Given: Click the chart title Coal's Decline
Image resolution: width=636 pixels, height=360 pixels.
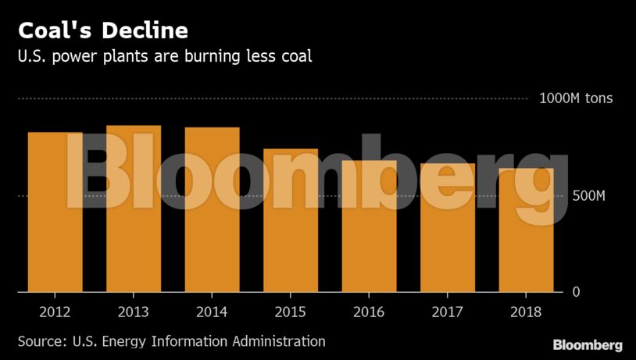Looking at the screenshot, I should (x=103, y=31).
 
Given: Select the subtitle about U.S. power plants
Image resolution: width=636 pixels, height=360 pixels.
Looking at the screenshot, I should (x=165, y=57).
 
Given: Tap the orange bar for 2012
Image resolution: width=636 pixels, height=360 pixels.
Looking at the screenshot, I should (x=55, y=212).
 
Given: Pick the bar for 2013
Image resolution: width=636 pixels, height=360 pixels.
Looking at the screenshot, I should (x=134, y=209).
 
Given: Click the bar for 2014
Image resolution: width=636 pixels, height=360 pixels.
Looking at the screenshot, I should (x=213, y=209).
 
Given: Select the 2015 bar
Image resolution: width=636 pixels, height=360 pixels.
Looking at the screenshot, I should (x=291, y=220).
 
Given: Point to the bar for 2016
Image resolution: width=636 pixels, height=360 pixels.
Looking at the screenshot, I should (x=369, y=226).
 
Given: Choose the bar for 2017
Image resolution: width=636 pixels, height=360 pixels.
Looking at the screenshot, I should (x=448, y=228).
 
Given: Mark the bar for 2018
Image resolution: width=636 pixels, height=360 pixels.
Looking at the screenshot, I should (x=526, y=230).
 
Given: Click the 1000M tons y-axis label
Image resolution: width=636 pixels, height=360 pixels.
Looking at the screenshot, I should (x=576, y=98).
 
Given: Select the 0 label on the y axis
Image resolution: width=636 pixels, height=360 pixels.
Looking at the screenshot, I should (x=576, y=292).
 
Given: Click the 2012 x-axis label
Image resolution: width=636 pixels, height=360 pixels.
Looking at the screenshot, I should (x=55, y=312).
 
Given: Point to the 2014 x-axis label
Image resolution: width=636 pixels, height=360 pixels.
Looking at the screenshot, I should (x=213, y=312).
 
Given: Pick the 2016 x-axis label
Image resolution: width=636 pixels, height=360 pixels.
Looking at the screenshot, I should (x=369, y=312).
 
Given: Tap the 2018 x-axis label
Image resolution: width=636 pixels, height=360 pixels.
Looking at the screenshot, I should (x=526, y=312).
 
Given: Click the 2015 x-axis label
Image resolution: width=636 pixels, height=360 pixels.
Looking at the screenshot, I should (x=291, y=312).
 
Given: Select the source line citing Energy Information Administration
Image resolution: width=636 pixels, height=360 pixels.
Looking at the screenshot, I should (x=172, y=341).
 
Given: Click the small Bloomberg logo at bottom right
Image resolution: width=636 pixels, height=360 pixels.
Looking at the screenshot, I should (x=588, y=344).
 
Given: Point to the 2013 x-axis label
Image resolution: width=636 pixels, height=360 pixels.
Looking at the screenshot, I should (x=134, y=312).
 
